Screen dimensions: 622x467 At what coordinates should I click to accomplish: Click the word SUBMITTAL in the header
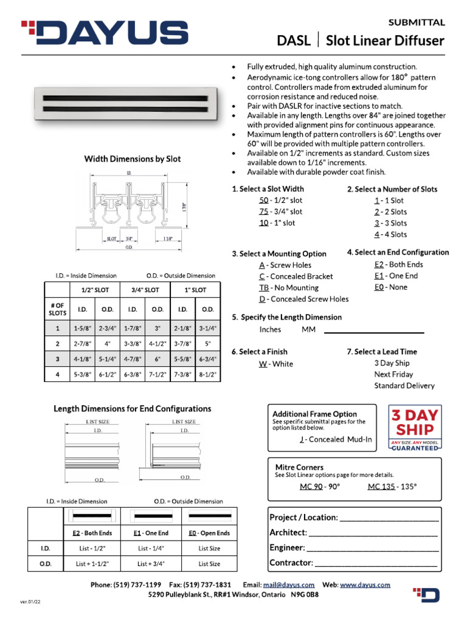[x=417, y=22]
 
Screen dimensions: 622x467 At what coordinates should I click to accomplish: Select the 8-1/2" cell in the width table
[x=207, y=375]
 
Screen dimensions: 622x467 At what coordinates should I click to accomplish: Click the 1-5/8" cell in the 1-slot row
[x=82, y=328]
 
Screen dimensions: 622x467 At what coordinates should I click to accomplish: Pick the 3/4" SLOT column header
[x=145, y=290]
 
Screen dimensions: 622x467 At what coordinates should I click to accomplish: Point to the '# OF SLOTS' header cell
[x=57, y=309]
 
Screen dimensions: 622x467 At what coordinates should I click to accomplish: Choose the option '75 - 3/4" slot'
[x=280, y=212]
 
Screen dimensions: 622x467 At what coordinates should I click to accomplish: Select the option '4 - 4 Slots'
[x=390, y=234]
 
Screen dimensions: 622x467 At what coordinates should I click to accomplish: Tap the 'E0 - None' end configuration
[x=390, y=287]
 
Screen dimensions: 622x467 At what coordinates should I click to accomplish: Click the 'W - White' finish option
[x=275, y=364]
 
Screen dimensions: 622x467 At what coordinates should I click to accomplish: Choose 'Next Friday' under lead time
[x=393, y=375]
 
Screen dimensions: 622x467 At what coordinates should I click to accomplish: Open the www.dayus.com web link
[x=365, y=585]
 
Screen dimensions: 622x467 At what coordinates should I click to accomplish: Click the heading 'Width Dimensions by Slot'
[x=132, y=159]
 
